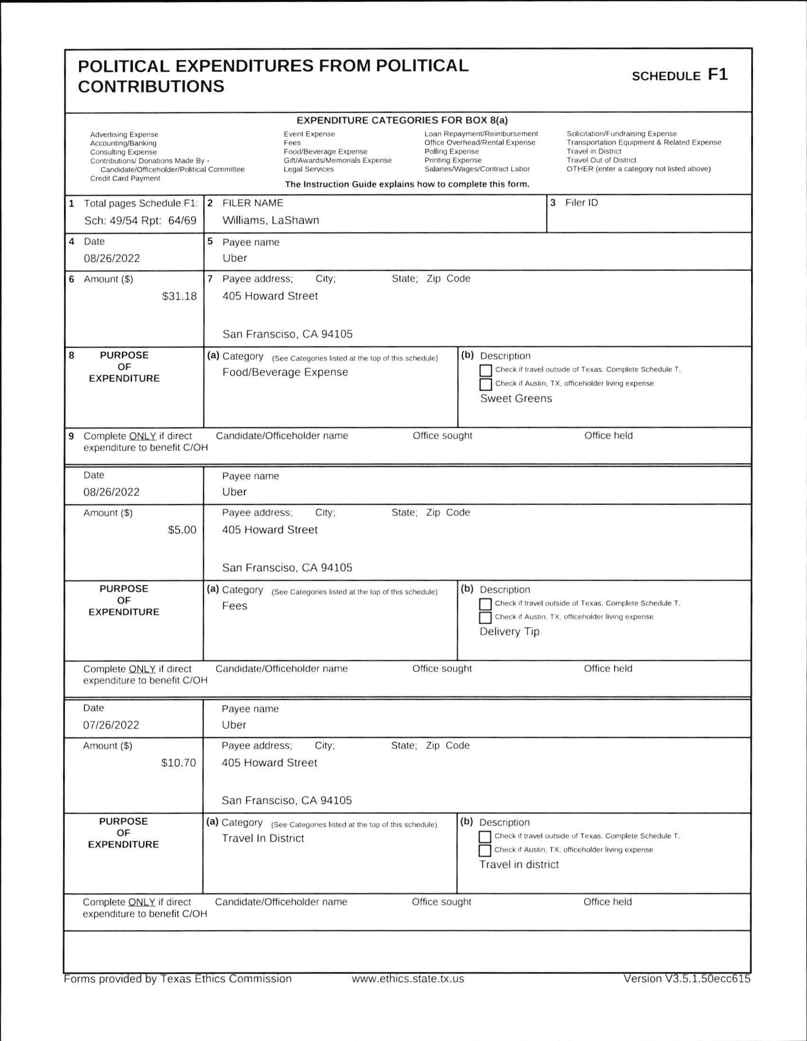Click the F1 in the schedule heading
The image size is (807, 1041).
pos(717,75)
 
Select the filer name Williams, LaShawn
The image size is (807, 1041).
pos(271,220)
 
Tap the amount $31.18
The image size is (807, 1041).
pos(179,296)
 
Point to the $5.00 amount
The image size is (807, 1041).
pos(182,530)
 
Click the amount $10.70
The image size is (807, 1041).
pos(179,763)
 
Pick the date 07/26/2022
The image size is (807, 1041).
pos(111,725)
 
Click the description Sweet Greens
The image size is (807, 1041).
pos(516,399)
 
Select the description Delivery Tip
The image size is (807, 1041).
pos(509,631)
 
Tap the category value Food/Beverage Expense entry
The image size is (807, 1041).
pos(285,372)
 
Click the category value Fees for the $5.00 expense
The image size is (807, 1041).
pos(235,606)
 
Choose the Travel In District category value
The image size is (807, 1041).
pos(263,839)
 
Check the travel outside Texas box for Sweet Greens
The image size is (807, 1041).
pos(485,370)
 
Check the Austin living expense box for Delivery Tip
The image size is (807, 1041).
pos(485,618)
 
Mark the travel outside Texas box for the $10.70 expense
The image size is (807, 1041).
pos(484,837)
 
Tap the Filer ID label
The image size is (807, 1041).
pos(581,202)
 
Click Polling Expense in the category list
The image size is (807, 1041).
pos(451,152)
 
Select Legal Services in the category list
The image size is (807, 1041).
pos(308,169)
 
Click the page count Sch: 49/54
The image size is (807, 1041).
pos(114,220)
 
